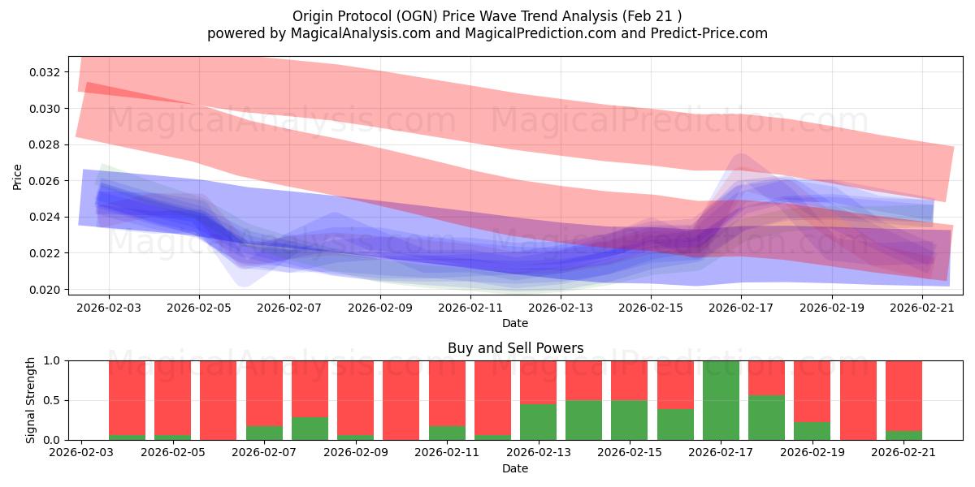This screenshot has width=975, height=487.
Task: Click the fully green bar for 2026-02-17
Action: tap(721, 400)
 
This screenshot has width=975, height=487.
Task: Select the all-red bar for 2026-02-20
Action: tap(858, 400)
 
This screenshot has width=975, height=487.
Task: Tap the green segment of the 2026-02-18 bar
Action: tap(766, 417)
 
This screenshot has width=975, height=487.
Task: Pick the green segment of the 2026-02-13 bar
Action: tap(538, 422)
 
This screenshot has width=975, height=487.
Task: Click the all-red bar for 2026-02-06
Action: tap(218, 400)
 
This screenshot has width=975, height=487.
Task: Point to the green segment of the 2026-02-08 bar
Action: tap(310, 429)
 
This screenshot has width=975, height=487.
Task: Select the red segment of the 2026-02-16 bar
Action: tap(675, 385)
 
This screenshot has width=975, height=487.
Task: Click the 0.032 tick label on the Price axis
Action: tap(45, 72)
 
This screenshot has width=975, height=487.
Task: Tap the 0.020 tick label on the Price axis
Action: tap(45, 290)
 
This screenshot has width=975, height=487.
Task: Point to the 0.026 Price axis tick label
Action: tap(45, 181)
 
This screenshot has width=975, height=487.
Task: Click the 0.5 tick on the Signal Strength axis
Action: tap(52, 400)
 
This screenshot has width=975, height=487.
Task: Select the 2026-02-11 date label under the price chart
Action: tap(470, 308)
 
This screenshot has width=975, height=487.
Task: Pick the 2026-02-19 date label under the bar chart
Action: tap(812, 453)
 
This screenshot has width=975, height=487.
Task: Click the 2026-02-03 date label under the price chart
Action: tap(109, 308)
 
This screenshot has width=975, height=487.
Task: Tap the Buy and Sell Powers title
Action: tap(515, 348)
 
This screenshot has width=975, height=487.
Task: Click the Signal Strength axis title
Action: tap(30, 400)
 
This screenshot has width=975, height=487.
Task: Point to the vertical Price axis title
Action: tap(17, 177)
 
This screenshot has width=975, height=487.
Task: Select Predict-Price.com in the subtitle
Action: tap(709, 33)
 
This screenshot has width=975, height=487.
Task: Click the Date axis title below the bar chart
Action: tap(515, 468)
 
